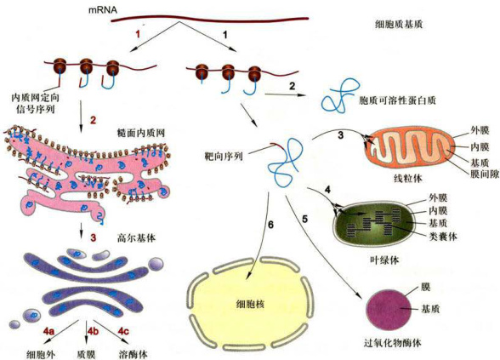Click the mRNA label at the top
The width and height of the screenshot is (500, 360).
[x=103, y=10]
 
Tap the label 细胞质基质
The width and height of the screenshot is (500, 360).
[x=399, y=24]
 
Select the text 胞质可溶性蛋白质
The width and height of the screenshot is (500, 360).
[x=397, y=100]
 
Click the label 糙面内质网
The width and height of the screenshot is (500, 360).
[x=141, y=133]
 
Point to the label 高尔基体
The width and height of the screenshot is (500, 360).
[x=136, y=238]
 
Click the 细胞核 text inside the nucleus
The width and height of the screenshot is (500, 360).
[x=250, y=304]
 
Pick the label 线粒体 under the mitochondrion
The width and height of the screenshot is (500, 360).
[x=408, y=178]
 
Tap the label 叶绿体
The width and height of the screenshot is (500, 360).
[x=385, y=260]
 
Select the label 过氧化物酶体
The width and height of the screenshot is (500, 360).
[x=392, y=343]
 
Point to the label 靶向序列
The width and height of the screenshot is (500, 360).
[x=224, y=156]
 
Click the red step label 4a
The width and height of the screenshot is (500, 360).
[x=48, y=331]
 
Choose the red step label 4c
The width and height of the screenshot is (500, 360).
[x=123, y=331]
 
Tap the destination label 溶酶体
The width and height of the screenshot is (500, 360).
[x=134, y=354]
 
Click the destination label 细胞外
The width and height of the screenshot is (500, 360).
[x=41, y=354]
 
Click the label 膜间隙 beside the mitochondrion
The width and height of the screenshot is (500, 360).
[x=485, y=174]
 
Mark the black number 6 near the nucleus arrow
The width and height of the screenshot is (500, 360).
[x=270, y=225]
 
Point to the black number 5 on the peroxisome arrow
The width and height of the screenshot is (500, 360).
[x=304, y=220]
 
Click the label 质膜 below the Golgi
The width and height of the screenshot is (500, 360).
[x=87, y=354]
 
